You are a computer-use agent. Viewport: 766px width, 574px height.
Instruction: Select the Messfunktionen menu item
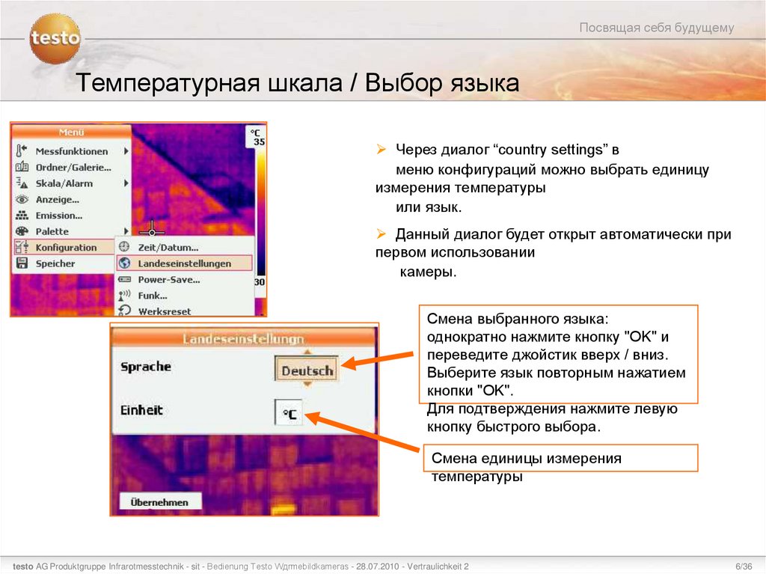click(x=72, y=151)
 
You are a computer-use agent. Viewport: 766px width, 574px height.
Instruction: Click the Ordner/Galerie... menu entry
click(x=73, y=168)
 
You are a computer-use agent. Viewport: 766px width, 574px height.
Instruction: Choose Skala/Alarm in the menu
click(x=64, y=183)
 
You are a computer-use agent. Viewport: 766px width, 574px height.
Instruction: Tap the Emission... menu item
click(x=59, y=216)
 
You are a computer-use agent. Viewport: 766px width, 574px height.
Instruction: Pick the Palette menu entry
click(x=52, y=231)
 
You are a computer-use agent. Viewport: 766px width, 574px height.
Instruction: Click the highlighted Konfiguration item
click(x=66, y=248)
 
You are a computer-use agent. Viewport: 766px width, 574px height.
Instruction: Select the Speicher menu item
click(x=55, y=263)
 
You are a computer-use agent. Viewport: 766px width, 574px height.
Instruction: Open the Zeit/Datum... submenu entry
click(x=168, y=247)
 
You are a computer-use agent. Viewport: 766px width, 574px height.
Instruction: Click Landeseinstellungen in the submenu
click(x=184, y=263)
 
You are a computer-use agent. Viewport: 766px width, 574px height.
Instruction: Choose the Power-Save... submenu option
click(x=168, y=280)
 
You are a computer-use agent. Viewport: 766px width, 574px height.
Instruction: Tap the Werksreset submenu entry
click(x=164, y=311)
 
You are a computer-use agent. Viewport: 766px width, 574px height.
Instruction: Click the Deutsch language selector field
click(x=307, y=370)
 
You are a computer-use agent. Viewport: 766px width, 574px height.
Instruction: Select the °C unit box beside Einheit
click(x=289, y=413)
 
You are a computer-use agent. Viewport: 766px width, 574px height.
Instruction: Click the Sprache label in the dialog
click(x=146, y=367)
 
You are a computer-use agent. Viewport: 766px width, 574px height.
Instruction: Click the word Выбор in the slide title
click(x=403, y=83)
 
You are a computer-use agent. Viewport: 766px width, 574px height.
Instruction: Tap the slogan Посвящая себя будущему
click(x=657, y=28)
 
